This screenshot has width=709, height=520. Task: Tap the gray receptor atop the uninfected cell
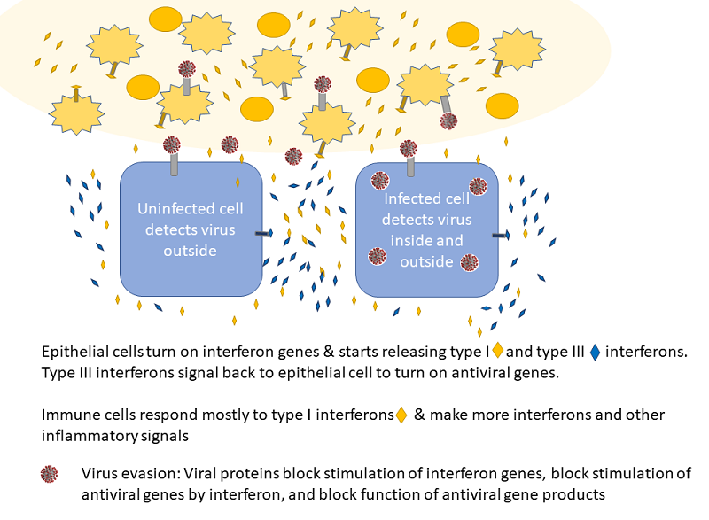(x=174, y=164)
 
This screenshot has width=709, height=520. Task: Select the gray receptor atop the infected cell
(x=410, y=166)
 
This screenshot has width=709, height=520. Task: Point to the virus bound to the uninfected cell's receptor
(x=172, y=144)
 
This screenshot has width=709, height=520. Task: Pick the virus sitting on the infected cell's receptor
(x=408, y=148)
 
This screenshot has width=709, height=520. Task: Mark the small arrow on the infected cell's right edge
(x=501, y=236)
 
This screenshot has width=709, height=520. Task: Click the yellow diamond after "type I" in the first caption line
(x=497, y=352)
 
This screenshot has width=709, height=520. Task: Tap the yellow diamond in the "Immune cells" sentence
(x=401, y=415)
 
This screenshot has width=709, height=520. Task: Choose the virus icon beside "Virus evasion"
(x=51, y=474)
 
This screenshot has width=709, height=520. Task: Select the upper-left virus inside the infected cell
(x=380, y=181)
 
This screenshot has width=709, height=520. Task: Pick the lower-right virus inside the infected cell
(x=469, y=262)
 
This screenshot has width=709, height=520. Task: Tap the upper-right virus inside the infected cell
(x=478, y=186)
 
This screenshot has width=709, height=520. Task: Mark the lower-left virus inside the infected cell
(x=378, y=256)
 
